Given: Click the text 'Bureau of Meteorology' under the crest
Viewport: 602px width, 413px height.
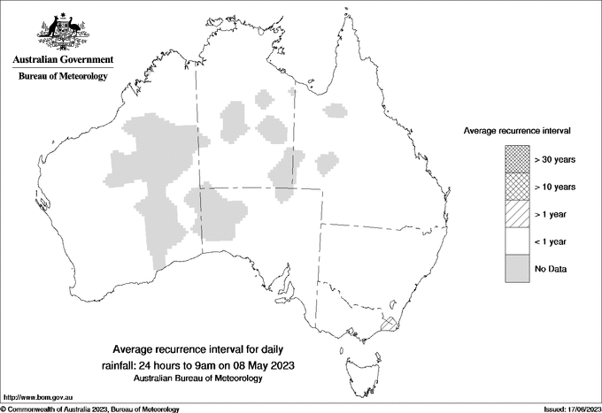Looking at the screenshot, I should [x=63, y=77].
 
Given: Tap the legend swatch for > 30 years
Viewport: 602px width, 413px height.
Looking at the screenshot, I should [x=516, y=159].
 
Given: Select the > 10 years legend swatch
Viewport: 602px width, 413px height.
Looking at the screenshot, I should [x=516, y=187].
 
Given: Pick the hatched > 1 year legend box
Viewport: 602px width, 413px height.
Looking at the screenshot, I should [x=516, y=213].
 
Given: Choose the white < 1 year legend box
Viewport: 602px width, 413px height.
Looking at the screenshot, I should [x=516, y=241].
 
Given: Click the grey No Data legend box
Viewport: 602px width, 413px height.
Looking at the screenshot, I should [x=516, y=268].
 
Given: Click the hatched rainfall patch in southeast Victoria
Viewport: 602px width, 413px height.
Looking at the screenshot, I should [x=389, y=325].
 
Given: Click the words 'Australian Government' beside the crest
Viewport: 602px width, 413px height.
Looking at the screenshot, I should [x=63, y=60].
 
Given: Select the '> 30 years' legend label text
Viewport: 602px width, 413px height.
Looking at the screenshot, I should [x=554, y=159].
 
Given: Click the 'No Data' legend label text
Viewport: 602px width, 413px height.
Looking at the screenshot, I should [x=550, y=268].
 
